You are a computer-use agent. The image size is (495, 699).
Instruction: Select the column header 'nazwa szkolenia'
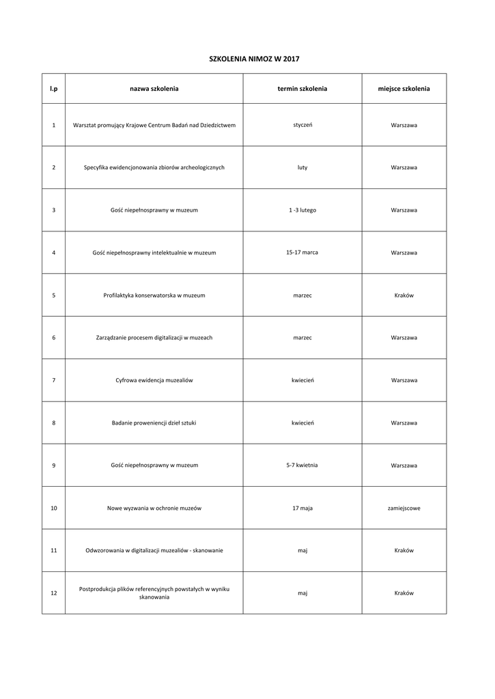(154, 89)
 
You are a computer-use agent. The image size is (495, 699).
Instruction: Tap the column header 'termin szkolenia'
(302, 89)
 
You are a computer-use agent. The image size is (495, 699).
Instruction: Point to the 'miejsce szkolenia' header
(404, 89)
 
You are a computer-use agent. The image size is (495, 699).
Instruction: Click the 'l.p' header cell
(53, 89)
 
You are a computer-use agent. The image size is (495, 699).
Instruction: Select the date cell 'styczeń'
(302, 125)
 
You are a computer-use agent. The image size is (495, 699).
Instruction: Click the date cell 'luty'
(302, 167)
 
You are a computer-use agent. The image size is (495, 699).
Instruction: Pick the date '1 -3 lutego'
(302, 210)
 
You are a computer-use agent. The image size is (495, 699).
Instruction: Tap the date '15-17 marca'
(302, 253)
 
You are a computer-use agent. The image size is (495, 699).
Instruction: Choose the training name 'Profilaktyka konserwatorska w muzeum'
(154, 295)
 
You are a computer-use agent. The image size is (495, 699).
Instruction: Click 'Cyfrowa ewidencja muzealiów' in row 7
(154, 380)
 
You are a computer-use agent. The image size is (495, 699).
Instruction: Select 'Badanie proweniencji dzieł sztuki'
(154, 423)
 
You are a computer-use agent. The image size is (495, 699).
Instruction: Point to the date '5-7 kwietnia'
(302, 465)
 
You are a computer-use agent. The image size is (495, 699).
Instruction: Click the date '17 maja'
(302, 508)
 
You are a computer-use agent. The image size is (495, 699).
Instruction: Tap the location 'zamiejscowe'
(404, 508)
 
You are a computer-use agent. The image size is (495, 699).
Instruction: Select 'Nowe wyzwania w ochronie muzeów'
(154, 508)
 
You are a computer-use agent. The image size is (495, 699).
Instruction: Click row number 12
(53, 593)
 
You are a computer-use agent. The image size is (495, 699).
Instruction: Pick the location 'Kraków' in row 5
(404, 295)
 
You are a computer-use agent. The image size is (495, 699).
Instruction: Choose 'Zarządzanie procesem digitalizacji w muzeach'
(154, 337)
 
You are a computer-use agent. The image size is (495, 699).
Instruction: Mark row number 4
(53, 253)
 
